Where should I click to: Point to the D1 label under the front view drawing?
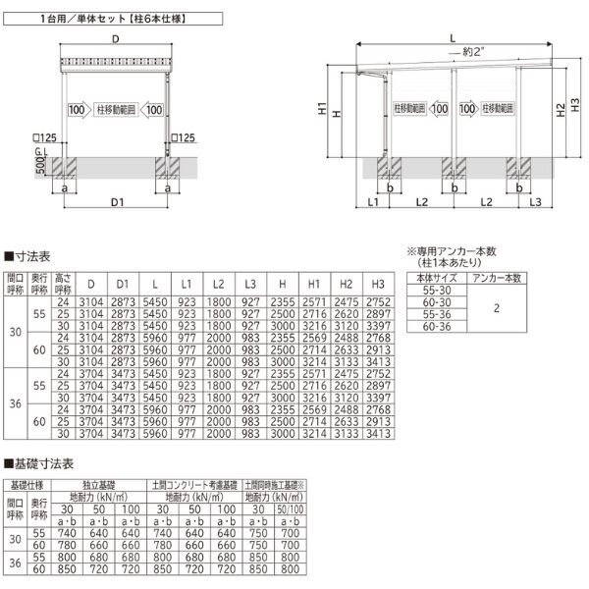116,203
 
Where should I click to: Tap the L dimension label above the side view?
453,37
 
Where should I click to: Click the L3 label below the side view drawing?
535,202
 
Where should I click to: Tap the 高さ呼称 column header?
63,284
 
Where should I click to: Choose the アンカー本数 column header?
497,280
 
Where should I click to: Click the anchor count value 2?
497,308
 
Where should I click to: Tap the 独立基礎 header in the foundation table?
101,485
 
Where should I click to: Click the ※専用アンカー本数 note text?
454,252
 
